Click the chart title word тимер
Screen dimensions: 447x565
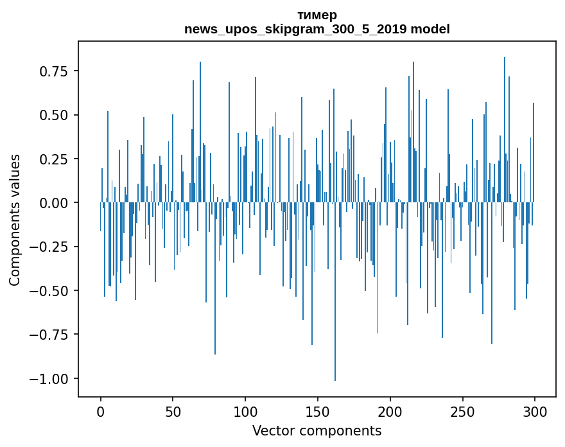(x=317, y=15)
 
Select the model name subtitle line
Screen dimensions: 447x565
(x=317, y=29)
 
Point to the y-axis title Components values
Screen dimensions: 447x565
(x=15, y=220)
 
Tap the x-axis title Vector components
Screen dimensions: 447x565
(x=317, y=431)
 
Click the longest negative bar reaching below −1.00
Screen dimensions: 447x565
(x=335, y=321)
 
